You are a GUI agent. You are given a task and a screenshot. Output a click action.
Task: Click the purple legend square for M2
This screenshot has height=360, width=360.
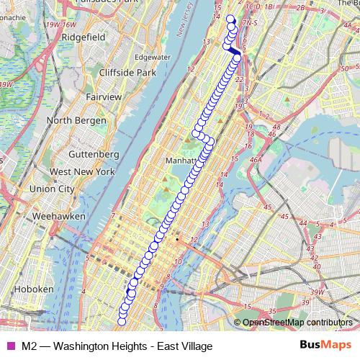tap(10, 346)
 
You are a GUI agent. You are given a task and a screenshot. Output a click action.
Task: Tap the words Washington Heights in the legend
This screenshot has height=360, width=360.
tap(91, 346)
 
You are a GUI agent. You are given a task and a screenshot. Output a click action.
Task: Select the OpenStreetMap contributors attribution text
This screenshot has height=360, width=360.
tap(297, 323)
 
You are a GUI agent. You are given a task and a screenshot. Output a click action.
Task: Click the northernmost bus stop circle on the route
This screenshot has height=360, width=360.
tap(230, 19)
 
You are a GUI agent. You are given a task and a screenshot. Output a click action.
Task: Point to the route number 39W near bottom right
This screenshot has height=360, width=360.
tap(316, 291)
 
